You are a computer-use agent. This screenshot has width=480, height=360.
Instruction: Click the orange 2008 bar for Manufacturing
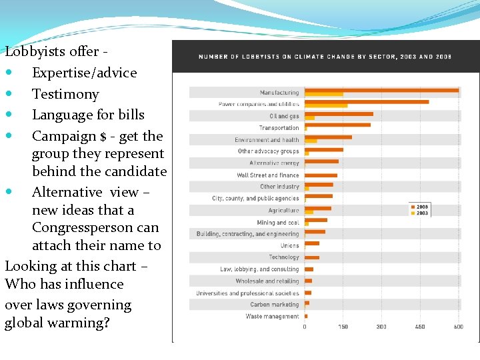click(381, 90)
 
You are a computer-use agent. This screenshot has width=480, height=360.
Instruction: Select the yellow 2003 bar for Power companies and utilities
click(326, 105)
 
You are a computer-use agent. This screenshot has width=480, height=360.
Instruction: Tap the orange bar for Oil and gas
click(339, 114)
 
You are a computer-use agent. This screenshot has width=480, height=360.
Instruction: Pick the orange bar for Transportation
click(337, 125)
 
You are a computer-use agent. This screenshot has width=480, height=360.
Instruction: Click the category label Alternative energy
click(274, 163)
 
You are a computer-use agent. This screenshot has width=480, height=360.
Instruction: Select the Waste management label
click(272, 316)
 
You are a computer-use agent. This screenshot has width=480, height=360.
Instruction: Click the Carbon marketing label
click(275, 305)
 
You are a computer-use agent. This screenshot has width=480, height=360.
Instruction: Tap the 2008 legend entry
click(420, 207)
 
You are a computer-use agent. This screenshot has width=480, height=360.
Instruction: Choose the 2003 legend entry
click(420, 213)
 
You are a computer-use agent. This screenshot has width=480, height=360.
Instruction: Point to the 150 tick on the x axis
click(343, 327)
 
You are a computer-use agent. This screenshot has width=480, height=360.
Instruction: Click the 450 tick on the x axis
click(420, 327)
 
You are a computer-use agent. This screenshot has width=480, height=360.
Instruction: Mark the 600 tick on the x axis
click(459, 327)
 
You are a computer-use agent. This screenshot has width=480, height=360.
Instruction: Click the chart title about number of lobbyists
click(325, 57)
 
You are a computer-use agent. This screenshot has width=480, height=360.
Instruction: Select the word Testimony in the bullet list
click(65, 94)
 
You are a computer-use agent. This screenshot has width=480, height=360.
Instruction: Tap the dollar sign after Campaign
click(103, 137)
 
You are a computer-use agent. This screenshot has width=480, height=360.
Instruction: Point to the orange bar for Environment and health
click(328, 137)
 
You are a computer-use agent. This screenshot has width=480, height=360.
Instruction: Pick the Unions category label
click(289, 246)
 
